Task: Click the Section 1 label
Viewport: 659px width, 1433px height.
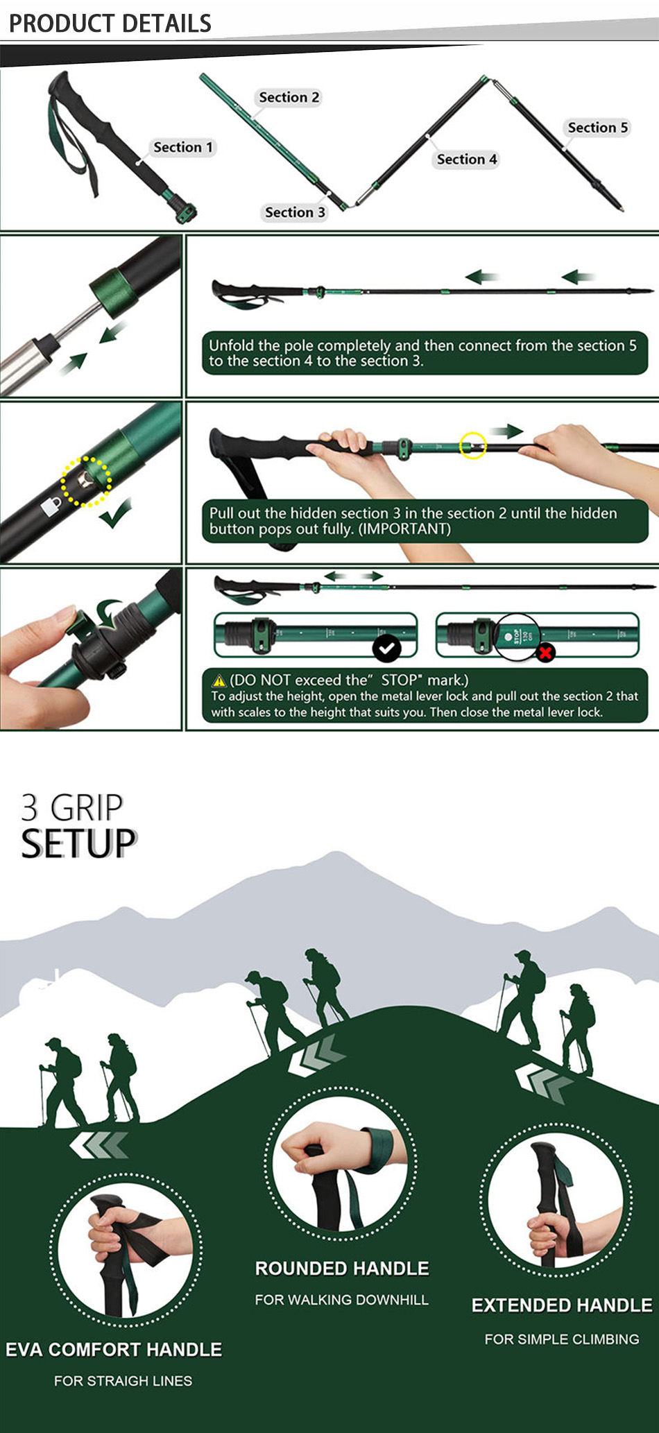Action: (x=183, y=147)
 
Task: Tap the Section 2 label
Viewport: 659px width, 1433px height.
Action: (x=289, y=97)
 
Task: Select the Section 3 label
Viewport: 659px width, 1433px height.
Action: (x=295, y=212)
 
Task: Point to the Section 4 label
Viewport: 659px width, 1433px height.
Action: (x=467, y=160)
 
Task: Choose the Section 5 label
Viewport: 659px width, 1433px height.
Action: (x=598, y=128)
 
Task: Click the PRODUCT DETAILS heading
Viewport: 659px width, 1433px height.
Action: (x=110, y=24)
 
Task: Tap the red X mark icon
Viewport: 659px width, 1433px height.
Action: (x=546, y=652)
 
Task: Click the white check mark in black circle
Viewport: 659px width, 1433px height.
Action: (x=387, y=649)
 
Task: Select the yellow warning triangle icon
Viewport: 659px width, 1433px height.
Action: (x=219, y=681)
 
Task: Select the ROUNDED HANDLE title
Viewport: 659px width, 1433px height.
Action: (x=342, y=1268)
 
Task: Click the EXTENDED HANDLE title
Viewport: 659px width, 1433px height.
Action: (x=562, y=1305)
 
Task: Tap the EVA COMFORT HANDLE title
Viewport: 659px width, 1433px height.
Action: (x=114, y=1349)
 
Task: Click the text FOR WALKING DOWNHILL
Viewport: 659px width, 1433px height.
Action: (x=341, y=1300)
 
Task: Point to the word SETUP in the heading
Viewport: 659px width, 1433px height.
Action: (x=78, y=843)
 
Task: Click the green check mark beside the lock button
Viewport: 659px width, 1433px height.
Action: (x=115, y=514)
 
